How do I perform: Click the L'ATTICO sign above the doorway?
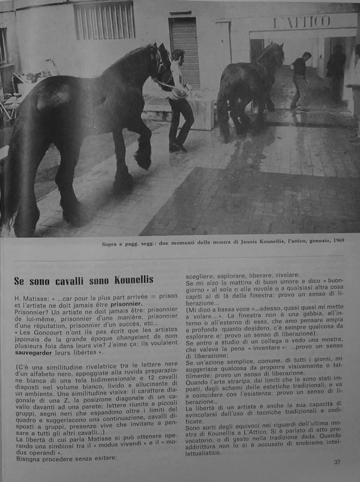pyautogui.click(x=302, y=22)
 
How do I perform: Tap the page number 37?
pyautogui.click(x=337, y=462)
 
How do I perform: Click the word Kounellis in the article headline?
pyautogui.click(x=134, y=280)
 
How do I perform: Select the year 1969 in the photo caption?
pyautogui.click(x=338, y=241)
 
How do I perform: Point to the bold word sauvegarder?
pyautogui.click(x=33, y=353)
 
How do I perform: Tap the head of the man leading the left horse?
pyautogui.click(x=177, y=56)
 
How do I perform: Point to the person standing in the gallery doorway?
pyautogui.click(x=336, y=74)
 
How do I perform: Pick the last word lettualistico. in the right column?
pyautogui.click(x=203, y=453)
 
